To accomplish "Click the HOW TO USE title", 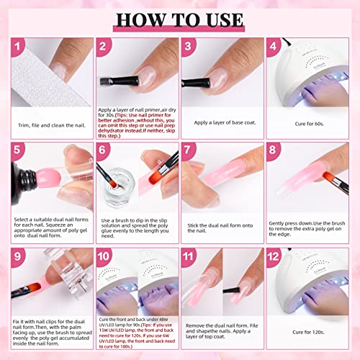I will [180, 17].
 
